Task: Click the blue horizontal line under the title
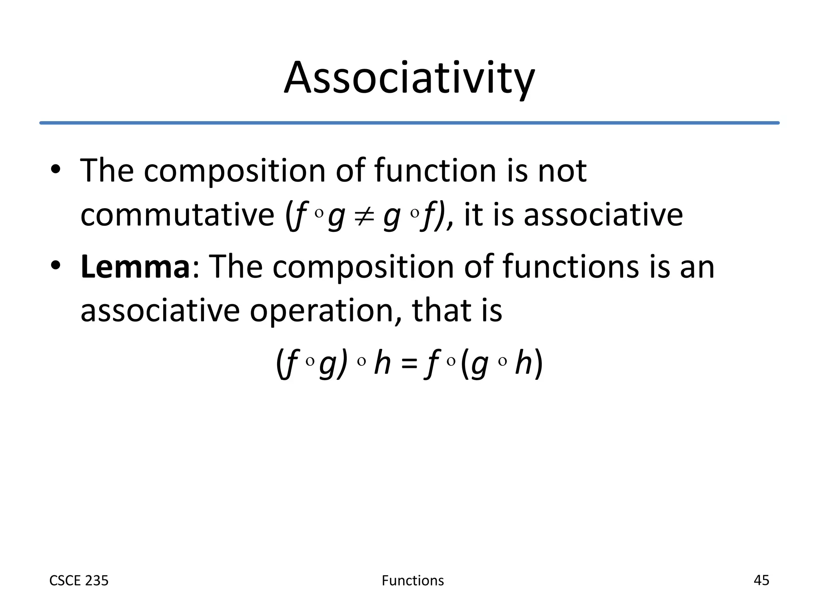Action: (409, 123)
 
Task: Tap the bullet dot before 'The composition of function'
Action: (56, 170)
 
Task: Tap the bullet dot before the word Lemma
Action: (56, 265)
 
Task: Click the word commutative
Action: (177, 215)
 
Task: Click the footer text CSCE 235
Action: (79, 580)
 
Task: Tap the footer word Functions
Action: (413, 580)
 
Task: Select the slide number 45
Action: (761, 580)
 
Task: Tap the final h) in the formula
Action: (529, 363)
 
